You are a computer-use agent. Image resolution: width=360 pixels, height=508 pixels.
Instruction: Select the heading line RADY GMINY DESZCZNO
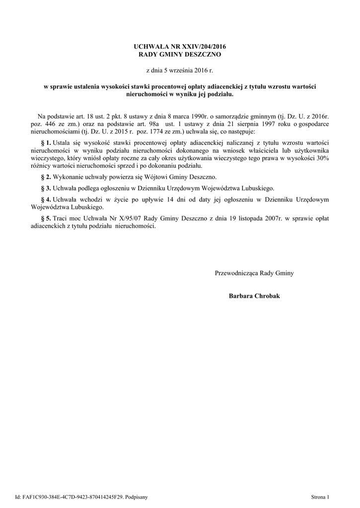click(x=180, y=54)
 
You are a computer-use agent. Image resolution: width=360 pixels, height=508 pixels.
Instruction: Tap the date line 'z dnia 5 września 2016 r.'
click(x=180, y=71)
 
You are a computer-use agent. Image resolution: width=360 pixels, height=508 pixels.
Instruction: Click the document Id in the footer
click(x=81, y=497)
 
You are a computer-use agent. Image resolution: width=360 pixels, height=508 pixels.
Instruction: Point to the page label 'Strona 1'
click(x=320, y=497)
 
